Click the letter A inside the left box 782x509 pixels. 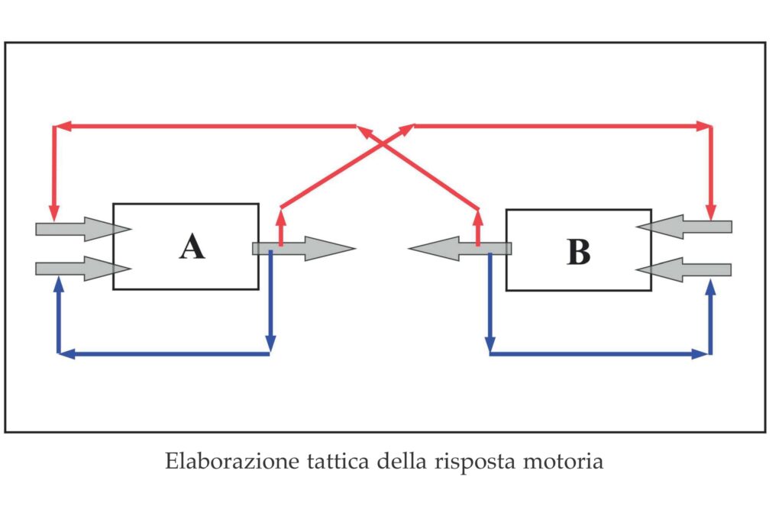[x=192, y=246]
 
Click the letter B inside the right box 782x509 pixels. [x=578, y=252]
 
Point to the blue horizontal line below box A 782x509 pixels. [x=164, y=354]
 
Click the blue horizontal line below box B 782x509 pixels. [x=599, y=354]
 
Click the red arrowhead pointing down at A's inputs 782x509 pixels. [x=53, y=213]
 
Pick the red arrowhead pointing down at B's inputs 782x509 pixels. [x=711, y=211]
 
